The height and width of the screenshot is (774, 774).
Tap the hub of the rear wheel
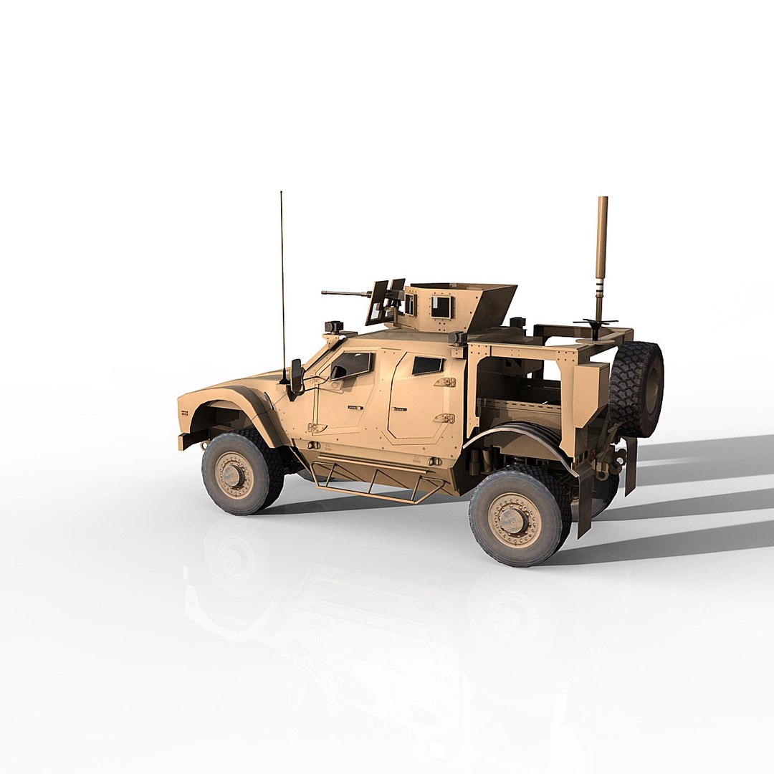pos(513,519)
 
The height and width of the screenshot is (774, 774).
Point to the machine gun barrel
pos(344,293)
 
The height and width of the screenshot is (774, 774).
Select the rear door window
pos(427,365)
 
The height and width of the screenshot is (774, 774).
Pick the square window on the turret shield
pos(441,307)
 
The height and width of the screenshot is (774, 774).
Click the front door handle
pos(355,407)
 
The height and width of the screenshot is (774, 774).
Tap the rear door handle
pos(399,409)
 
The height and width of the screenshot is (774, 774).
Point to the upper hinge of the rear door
pos(445,383)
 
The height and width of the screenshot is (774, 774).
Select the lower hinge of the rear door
pos(444,418)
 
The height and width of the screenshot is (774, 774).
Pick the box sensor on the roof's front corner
pos(334,328)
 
